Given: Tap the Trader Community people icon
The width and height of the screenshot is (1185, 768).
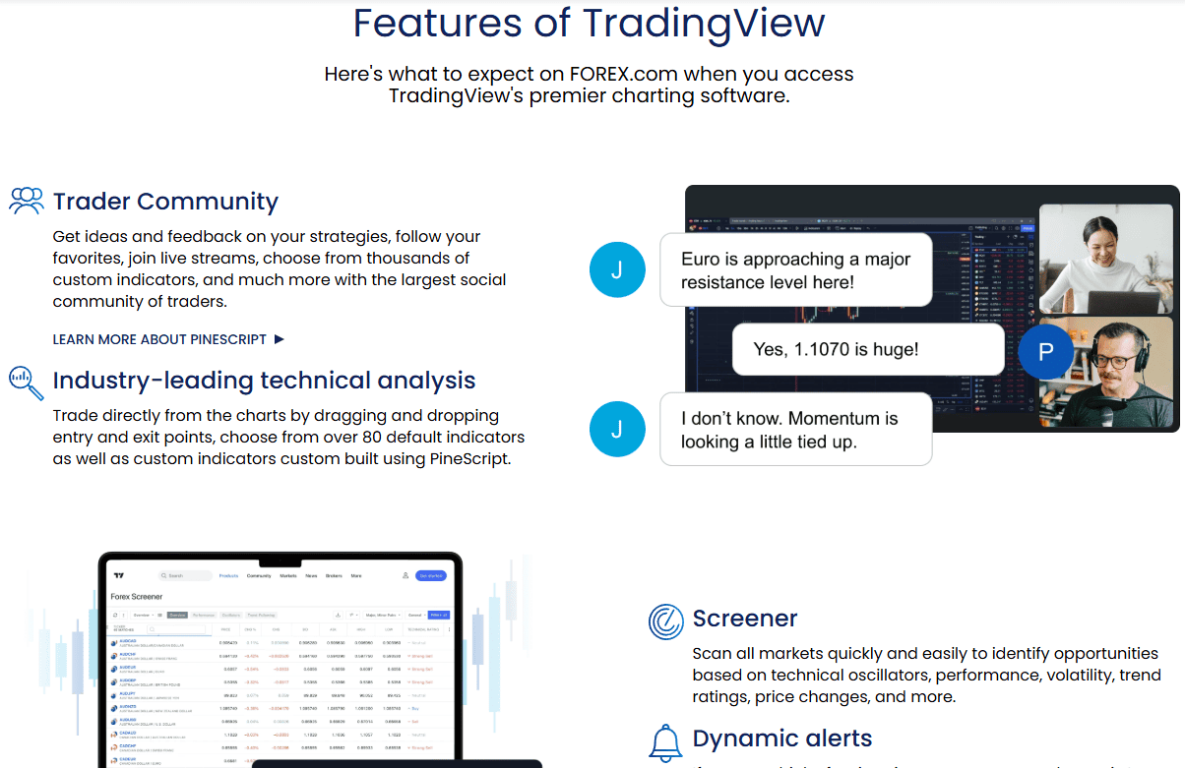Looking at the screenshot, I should click(27, 201).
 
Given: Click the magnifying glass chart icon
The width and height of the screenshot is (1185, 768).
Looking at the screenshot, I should click(27, 382).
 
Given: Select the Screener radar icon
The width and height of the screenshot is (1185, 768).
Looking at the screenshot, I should click(666, 620).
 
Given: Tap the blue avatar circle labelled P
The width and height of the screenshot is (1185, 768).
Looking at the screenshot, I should click(1045, 351).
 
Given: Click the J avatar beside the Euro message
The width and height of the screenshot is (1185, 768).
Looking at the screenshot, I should click(617, 269).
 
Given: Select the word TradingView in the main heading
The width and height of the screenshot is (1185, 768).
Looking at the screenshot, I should click(703, 23).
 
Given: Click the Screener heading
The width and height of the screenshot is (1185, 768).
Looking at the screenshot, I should click(745, 619).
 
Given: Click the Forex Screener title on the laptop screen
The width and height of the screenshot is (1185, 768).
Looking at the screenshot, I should click(137, 596).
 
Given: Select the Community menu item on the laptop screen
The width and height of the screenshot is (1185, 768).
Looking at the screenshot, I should click(259, 575).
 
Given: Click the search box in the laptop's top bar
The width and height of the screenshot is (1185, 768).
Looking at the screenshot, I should click(187, 575).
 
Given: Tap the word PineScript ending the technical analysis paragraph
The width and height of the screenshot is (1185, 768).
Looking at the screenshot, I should click(469, 459).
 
